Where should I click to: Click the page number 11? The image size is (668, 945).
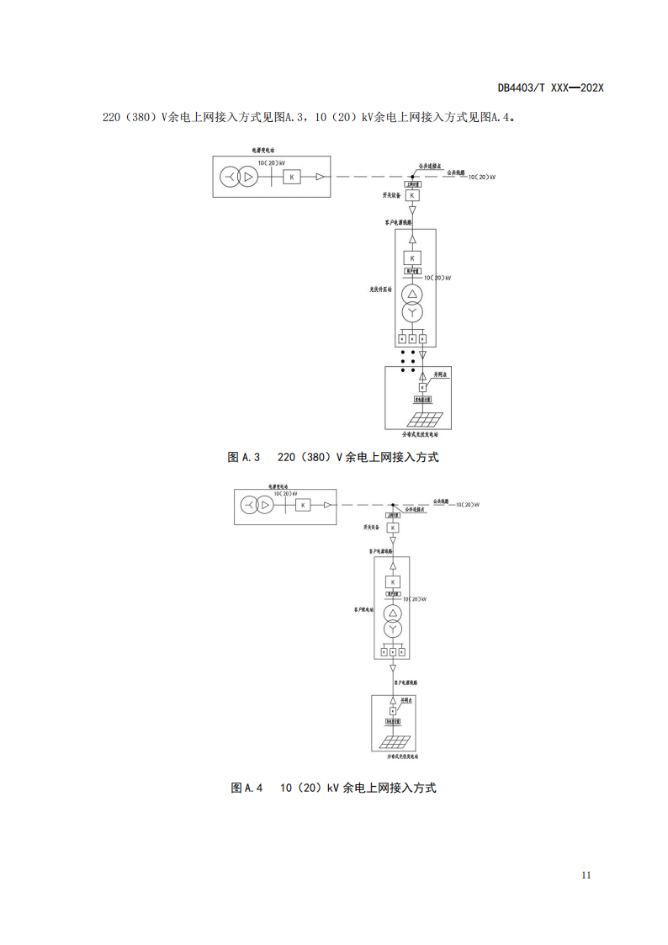(586, 874)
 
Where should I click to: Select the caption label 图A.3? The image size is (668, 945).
(245, 457)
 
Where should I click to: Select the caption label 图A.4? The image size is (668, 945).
(247, 788)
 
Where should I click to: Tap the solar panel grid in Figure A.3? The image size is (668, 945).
(426, 420)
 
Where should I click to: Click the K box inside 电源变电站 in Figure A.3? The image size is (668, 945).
(291, 177)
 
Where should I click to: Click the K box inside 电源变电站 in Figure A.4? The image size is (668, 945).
(303, 505)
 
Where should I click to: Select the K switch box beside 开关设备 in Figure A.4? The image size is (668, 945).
(393, 527)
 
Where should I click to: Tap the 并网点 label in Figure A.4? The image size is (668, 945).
(407, 699)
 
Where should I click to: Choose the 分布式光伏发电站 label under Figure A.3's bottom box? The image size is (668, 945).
(421, 434)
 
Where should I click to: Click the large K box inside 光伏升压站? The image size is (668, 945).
(412, 258)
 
